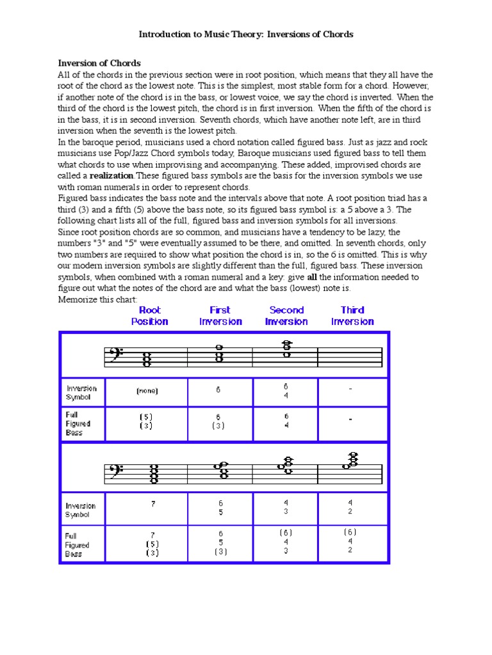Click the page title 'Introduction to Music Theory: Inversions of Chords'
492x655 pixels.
pyautogui.click(x=246, y=34)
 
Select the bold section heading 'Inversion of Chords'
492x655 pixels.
pyautogui.click(x=99, y=63)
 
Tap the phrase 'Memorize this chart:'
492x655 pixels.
pyautogui.click(x=97, y=299)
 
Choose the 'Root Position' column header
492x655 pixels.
pyautogui.click(x=150, y=316)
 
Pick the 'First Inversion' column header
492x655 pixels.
pyautogui.click(x=220, y=316)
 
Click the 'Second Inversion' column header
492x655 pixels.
pyautogui.click(x=286, y=316)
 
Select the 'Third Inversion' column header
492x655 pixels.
pyautogui.click(x=352, y=316)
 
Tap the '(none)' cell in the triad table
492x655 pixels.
pyautogui.click(x=147, y=391)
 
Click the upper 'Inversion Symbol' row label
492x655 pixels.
pyautogui.click(x=81, y=392)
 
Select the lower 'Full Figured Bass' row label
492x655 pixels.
pyautogui.click(x=78, y=545)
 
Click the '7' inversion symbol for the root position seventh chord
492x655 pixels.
pyautogui.click(x=153, y=504)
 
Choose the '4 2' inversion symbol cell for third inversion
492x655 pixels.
pyautogui.click(x=350, y=508)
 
